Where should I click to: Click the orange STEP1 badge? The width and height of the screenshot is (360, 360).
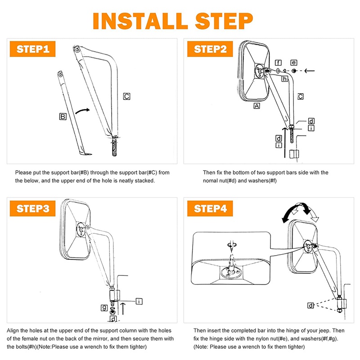(x=32, y=49)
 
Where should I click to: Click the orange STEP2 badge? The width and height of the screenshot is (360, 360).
(x=210, y=49)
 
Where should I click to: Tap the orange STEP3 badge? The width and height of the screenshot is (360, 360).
(x=32, y=208)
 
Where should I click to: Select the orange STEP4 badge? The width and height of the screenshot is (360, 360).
(x=210, y=208)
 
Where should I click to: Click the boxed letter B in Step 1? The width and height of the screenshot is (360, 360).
(x=63, y=117)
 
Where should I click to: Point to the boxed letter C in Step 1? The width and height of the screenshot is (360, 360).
(x=126, y=96)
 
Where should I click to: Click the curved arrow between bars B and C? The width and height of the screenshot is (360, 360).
(x=82, y=111)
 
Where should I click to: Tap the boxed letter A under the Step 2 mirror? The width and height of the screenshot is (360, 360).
(x=256, y=106)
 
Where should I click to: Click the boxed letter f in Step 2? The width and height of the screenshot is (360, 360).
(x=278, y=63)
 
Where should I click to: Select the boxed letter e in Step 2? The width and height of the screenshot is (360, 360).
(x=294, y=63)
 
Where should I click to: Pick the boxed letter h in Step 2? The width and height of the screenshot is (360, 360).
(x=285, y=79)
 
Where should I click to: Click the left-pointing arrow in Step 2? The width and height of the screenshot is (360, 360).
(x=310, y=71)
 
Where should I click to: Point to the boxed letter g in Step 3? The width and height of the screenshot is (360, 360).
(x=104, y=308)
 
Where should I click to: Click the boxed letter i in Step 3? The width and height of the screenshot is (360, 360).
(x=139, y=301)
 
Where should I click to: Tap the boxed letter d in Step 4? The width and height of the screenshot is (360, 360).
(x=310, y=306)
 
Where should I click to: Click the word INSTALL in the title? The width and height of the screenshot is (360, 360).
(x=140, y=21)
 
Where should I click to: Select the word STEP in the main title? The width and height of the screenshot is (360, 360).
(x=224, y=21)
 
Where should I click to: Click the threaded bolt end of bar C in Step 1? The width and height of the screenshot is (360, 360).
(x=115, y=147)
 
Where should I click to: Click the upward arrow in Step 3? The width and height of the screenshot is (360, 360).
(x=123, y=309)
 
